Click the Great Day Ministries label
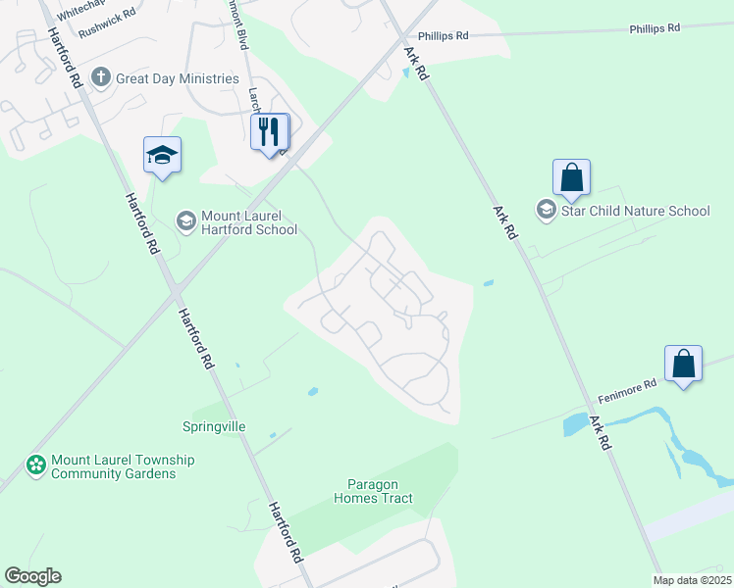[178, 78]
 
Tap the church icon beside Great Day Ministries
[100, 77]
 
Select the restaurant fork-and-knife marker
[270, 131]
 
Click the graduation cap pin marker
[163, 156]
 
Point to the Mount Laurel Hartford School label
[249, 223]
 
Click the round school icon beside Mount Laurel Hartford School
[185, 222]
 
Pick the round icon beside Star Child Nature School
[545, 210]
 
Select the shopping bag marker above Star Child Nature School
[571, 178]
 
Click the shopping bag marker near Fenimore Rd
[683, 365]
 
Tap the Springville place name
[214, 427]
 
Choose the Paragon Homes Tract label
[380, 491]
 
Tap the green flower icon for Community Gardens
[36, 465]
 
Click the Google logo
[32, 576]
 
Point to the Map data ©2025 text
[692, 580]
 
